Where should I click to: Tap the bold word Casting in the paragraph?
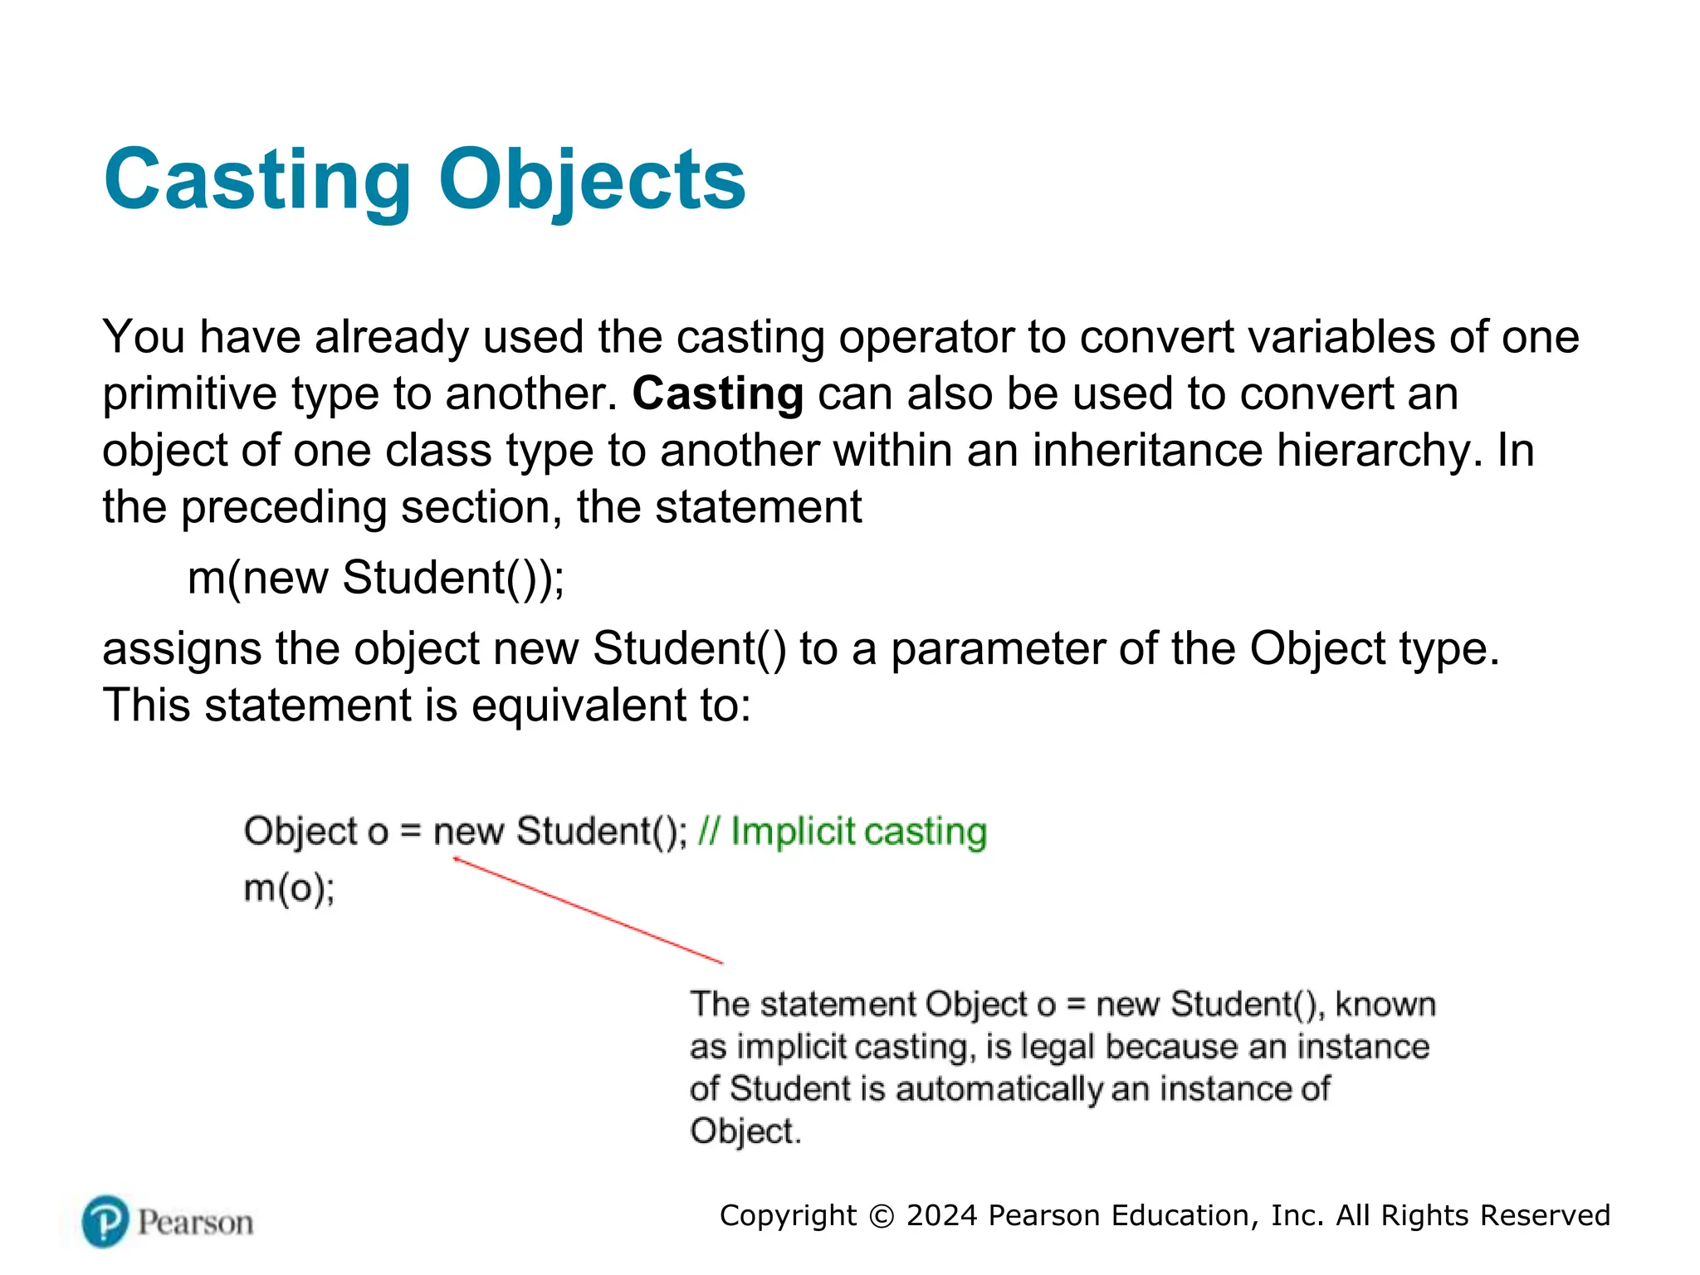[717, 393]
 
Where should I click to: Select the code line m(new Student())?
[376, 578]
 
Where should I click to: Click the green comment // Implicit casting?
[842, 832]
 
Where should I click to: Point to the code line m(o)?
[289, 889]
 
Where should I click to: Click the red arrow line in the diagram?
[588, 910]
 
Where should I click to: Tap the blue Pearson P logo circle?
[105, 1222]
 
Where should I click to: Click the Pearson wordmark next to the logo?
[195, 1223]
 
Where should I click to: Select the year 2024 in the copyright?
[942, 1215]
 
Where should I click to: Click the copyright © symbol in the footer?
[881, 1216]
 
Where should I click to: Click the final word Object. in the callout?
[745, 1131]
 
